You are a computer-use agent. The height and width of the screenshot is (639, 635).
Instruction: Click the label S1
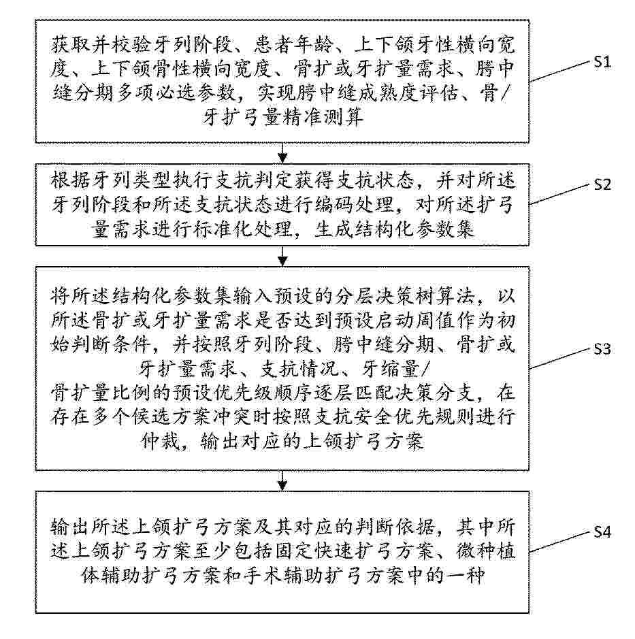(602, 63)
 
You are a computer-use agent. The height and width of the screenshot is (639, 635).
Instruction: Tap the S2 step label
(602, 184)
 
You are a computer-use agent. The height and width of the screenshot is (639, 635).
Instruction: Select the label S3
(602, 349)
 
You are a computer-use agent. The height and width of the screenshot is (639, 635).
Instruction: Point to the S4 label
(602, 532)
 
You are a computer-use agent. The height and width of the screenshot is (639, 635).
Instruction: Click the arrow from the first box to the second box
(282, 153)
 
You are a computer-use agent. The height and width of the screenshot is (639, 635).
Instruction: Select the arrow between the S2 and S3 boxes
(282, 257)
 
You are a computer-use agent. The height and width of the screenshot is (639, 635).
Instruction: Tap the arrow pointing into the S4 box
(282, 481)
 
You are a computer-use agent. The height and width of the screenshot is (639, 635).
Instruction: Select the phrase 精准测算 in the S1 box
(323, 118)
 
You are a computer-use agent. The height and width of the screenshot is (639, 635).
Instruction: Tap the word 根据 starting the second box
(71, 180)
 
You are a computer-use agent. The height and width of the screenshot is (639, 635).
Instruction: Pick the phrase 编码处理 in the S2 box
(354, 205)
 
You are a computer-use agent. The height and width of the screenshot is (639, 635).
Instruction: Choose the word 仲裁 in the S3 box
(161, 442)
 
